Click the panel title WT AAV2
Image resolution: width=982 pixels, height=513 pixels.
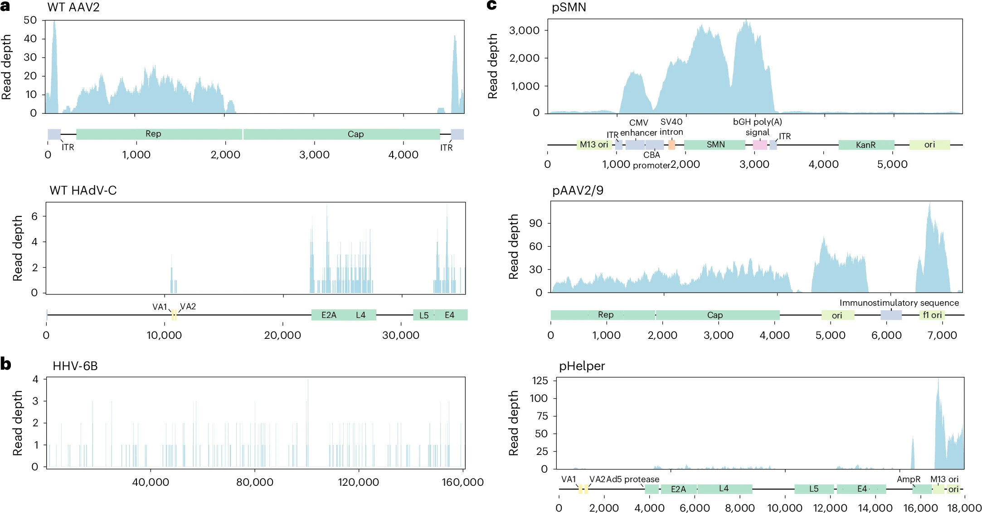tap(73, 7)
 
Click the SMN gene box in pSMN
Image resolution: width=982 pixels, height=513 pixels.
tap(715, 145)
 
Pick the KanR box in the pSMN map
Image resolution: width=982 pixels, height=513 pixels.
tap(865, 145)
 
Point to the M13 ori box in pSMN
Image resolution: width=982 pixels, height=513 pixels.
tap(594, 145)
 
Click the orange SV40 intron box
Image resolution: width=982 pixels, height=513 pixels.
tap(671, 145)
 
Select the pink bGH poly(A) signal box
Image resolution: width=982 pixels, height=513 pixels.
tap(760, 145)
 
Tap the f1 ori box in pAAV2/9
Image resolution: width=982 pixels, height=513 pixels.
tap(932, 315)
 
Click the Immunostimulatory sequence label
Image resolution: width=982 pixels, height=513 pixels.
tap(899, 303)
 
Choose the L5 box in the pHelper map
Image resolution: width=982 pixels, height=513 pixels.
tap(814, 489)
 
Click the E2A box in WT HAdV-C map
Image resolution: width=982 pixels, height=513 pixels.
tap(329, 315)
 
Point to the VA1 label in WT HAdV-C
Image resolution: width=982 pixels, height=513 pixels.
tap(160, 307)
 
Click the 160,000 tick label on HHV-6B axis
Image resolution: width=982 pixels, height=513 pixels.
tap(462, 482)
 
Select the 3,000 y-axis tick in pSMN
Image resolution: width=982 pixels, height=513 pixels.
tap(524, 30)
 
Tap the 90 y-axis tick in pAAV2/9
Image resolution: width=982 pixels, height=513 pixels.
tap(535, 223)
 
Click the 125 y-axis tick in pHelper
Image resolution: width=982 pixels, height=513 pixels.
tap(540, 381)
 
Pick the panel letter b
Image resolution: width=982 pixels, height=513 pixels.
tap(6, 364)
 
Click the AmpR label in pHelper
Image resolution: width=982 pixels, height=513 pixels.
tap(909, 479)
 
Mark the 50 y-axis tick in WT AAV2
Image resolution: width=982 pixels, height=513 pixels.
tap(30, 20)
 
